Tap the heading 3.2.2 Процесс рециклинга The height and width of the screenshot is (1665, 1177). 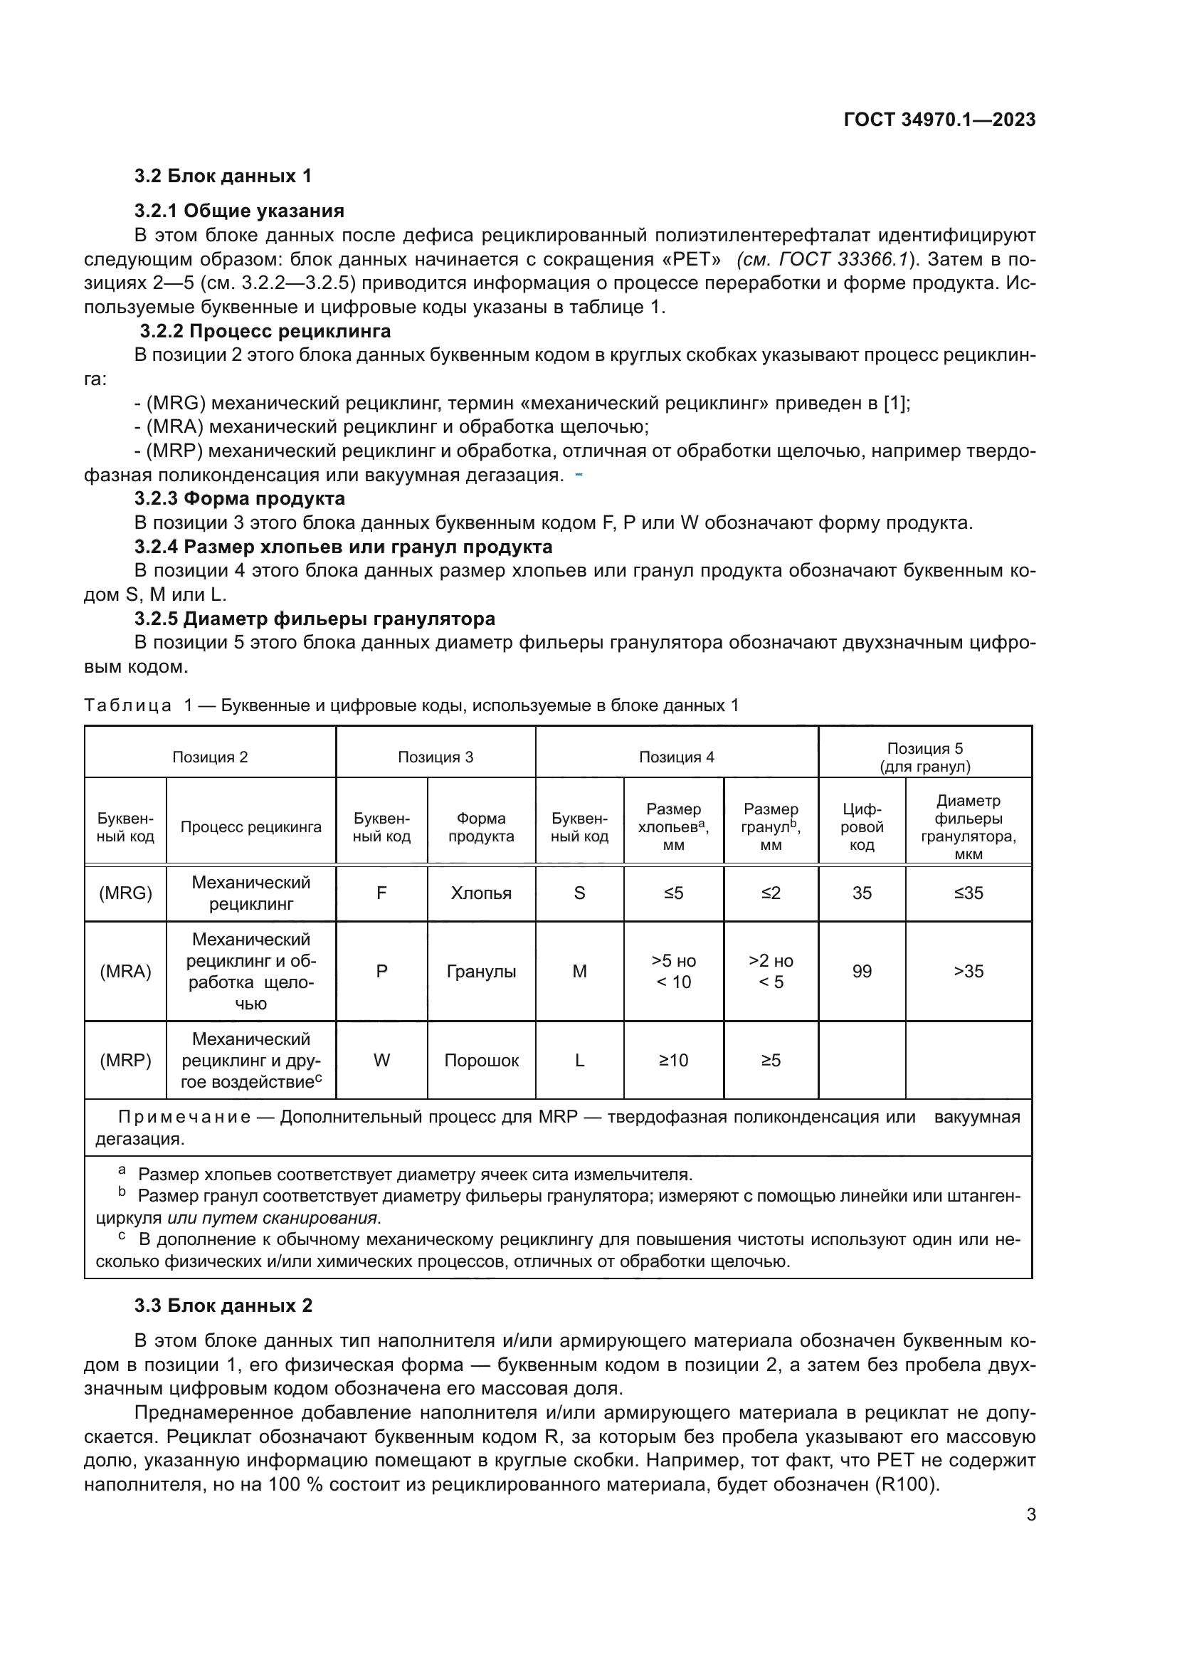pyautogui.click(x=265, y=332)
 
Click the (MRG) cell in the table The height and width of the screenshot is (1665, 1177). pyautogui.click(x=125, y=893)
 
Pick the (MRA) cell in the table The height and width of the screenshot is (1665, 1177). pyautogui.click(x=125, y=972)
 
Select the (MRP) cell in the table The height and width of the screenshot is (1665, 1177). pyautogui.click(x=125, y=1060)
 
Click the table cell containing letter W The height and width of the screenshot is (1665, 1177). pyautogui.click(x=381, y=1060)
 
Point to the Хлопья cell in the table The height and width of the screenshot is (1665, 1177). pyautogui.click(x=480, y=893)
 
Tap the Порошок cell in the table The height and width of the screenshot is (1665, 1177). pyautogui.click(x=480, y=1060)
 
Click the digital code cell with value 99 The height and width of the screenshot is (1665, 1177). pyautogui.click(x=861, y=972)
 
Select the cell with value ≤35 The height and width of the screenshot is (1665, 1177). pyautogui.click(x=968, y=893)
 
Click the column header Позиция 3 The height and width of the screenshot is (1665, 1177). pyautogui.click(x=435, y=757)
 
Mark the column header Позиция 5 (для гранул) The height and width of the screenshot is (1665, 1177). pyautogui.click(x=925, y=757)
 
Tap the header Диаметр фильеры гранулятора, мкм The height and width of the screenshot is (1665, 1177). pyautogui.click(x=968, y=827)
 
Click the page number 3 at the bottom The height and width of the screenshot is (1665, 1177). pyautogui.click(x=1030, y=1514)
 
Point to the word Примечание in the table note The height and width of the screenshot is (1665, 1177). pyautogui.click(x=184, y=1117)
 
